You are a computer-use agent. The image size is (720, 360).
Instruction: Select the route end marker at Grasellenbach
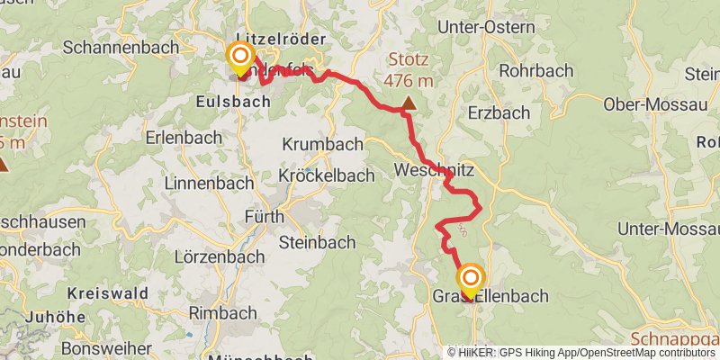(x=470, y=278)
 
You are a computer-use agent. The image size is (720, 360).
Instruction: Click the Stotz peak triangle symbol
(x=409, y=103)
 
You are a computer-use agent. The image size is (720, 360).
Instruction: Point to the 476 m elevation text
(x=409, y=81)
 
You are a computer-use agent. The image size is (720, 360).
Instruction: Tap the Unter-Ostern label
(x=485, y=27)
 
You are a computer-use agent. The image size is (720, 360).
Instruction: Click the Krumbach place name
(x=322, y=144)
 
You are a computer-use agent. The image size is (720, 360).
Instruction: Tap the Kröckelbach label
(x=326, y=175)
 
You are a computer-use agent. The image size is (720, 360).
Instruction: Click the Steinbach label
(x=317, y=242)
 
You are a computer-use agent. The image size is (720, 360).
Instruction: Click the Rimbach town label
(x=221, y=312)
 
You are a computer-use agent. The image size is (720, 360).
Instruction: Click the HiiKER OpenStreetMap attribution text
(x=581, y=352)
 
